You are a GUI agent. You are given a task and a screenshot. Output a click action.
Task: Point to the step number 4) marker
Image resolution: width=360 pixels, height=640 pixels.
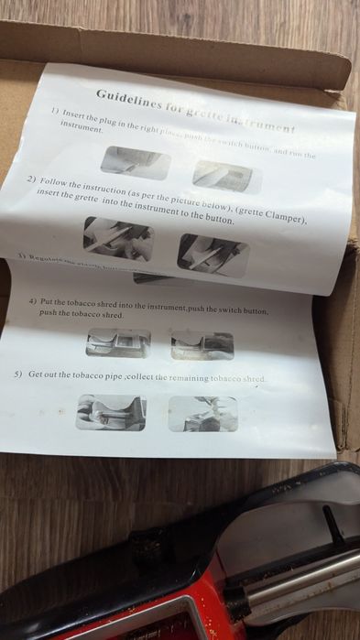pos(33,301)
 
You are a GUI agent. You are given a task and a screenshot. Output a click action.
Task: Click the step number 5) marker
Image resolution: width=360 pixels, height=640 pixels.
pos(18,375)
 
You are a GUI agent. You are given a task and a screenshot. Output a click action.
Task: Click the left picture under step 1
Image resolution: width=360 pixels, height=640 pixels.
pos(136,161)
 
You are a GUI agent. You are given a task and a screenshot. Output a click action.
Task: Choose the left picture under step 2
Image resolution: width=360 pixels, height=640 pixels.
pos(118,237)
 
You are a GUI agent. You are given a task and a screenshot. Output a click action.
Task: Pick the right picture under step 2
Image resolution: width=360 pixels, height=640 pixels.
pos(213,254)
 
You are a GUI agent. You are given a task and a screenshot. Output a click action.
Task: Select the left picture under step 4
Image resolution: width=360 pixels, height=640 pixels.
pos(118,342)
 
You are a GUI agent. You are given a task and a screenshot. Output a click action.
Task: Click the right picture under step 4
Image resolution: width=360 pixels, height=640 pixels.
pos(202,344)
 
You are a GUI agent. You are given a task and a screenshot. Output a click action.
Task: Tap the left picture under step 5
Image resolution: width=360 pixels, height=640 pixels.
pos(111,413)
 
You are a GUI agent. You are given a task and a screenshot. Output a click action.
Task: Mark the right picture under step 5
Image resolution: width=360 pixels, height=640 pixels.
pos(202,414)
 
